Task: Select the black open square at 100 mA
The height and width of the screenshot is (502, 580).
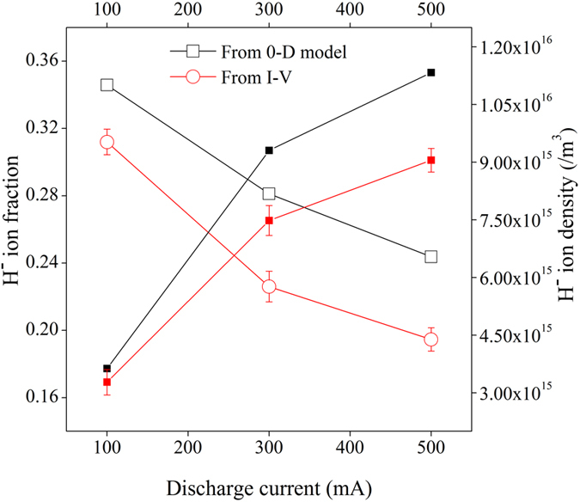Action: pyautogui.click(x=107, y=85)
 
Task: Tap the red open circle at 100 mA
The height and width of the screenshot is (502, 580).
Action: pyautogui.click(x=107, y=143)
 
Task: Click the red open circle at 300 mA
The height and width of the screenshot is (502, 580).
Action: pyautogui.click(x=269, y=286)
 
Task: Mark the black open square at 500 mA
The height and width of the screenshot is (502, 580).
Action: pyautogui.click(x=431, y=256)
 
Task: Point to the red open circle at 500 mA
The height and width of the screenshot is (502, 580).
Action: pyautogui.click(x=431, y=340)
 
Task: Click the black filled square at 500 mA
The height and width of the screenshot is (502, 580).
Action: pyautogui.click(x=431, y=72)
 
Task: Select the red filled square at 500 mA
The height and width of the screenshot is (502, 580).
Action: pyautogui.click(x=431, y=161)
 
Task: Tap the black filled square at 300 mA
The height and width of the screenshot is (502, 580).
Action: pyautogui.click(x=269, y=150)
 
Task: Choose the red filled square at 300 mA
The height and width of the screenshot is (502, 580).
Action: pyautogui.click(x=269, y=221)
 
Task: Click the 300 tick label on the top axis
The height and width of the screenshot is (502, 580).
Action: pyautogui.click(x=269, y=11)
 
